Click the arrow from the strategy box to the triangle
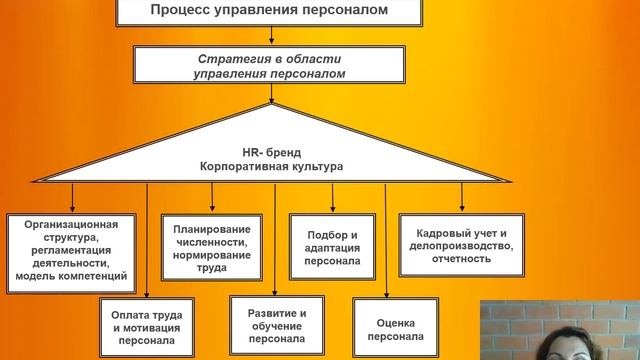coord(269,92)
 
